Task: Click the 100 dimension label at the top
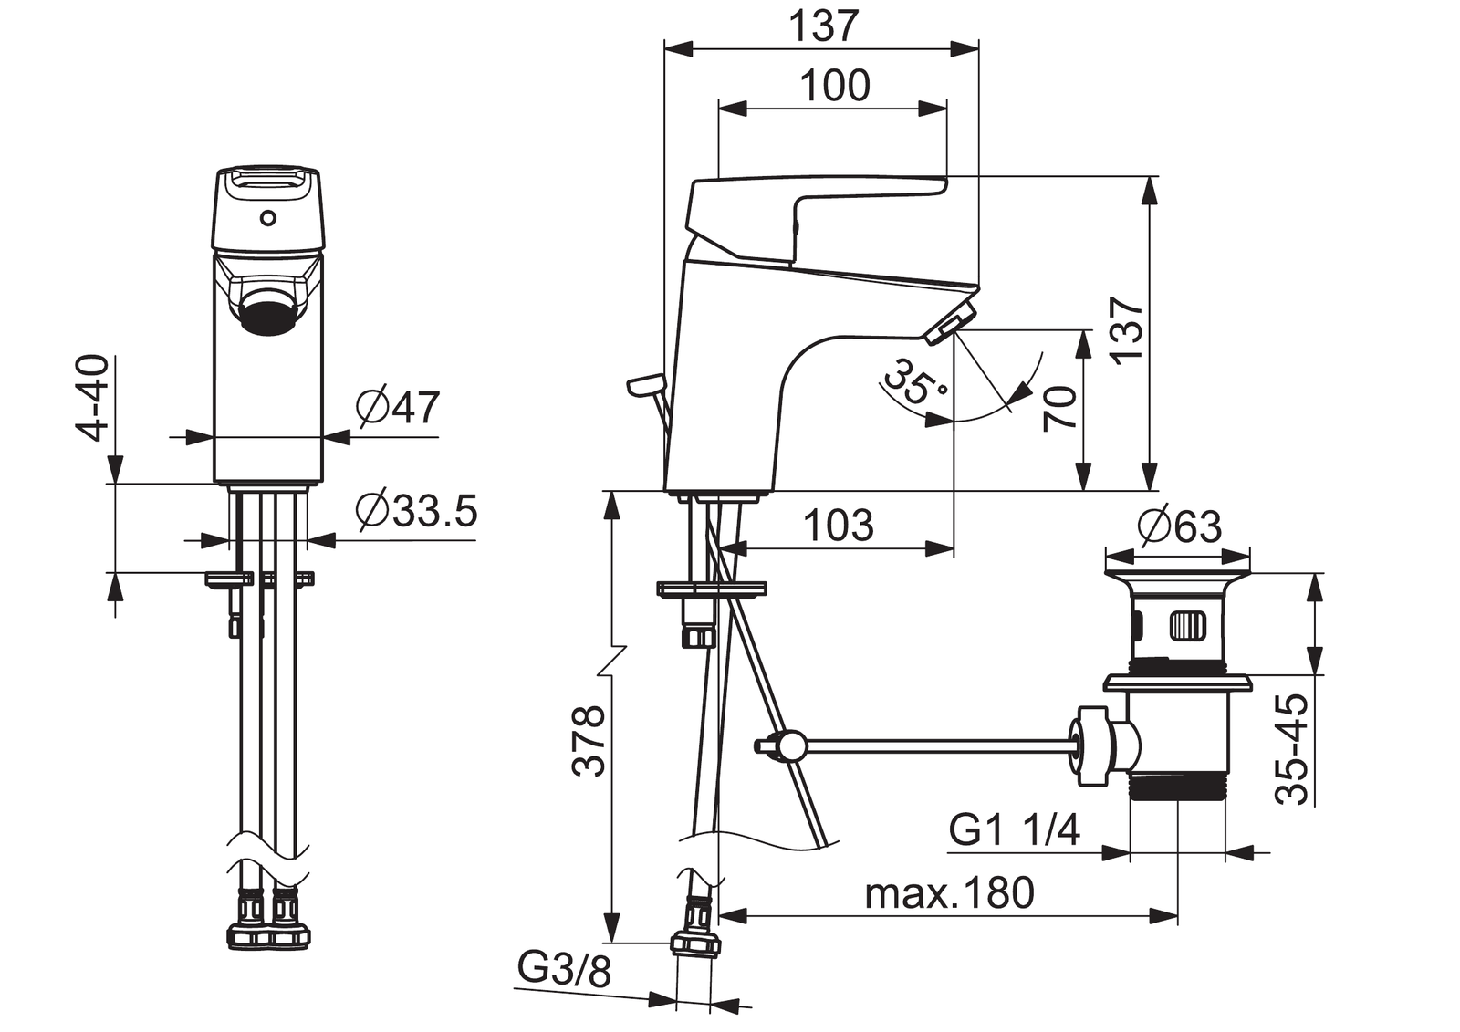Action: (x=835, y=86)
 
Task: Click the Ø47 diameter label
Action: (x=398, y=408)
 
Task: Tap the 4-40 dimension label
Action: (x=92, y=398)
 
